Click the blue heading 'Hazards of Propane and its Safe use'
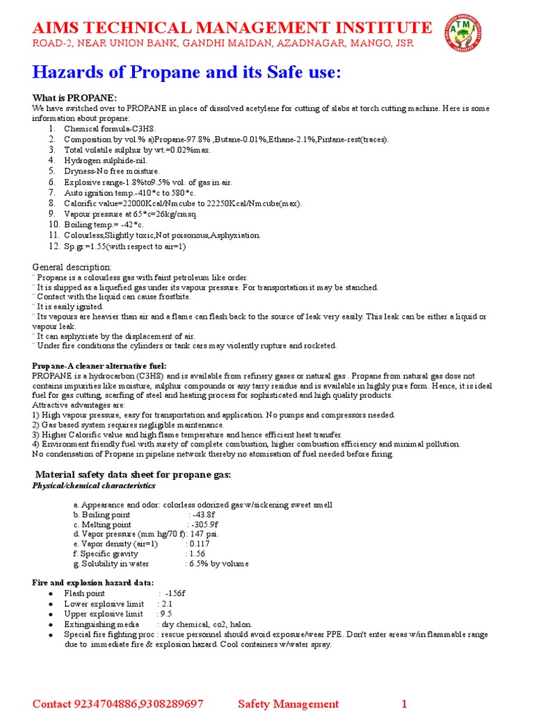click(x=187, y=72)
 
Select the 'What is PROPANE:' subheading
click(x=75, y=98)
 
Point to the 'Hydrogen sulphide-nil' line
click(x=106, y=160)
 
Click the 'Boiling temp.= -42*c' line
click(x=104, y=225)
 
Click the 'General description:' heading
click(x=72, y=267)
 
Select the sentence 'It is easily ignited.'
click(x=70, y=306)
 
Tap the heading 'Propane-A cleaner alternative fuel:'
click(x=99, y=366)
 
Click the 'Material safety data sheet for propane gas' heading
click(x=133, y=474)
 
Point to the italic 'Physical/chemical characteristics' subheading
click(x=94, y=486)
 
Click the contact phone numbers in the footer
click(x=118, y=704)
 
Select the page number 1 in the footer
click(x=403, y=704)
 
